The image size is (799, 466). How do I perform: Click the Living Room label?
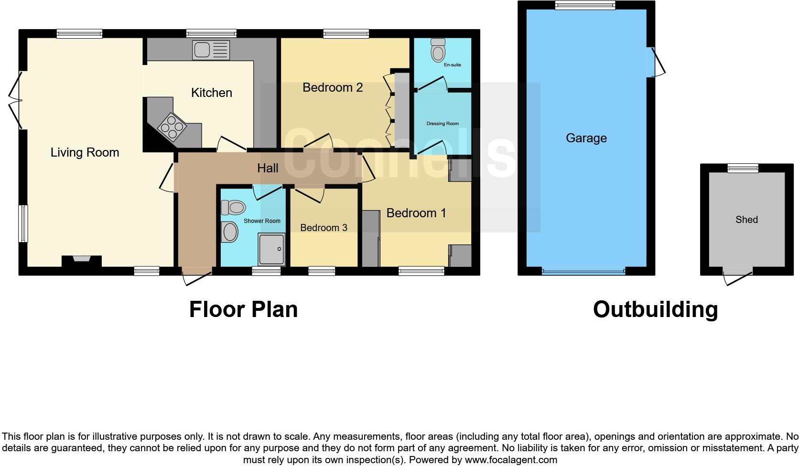[85, 152]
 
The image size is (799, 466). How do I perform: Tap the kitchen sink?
[211, 50]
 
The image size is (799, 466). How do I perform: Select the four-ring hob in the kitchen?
[173, 127]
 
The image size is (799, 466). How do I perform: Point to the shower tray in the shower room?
[271, 249]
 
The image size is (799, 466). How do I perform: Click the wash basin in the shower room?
[230, 232]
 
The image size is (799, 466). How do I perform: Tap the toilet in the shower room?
[233, 208]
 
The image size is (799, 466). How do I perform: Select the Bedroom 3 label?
[324, 228]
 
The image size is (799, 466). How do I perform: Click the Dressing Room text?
[442, 124]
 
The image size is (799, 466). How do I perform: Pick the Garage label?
[586, 138]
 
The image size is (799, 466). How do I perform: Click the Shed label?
[746, 220]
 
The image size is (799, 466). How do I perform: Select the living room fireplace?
[81, 260]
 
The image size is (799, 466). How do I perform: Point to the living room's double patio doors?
[15, 100]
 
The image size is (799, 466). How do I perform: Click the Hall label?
[268, 168]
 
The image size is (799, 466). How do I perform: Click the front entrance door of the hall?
[196, 278]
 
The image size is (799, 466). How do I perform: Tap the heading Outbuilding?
[655, 309]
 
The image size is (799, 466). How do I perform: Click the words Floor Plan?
[243, 309]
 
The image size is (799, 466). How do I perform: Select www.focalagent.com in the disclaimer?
[510, 460]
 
